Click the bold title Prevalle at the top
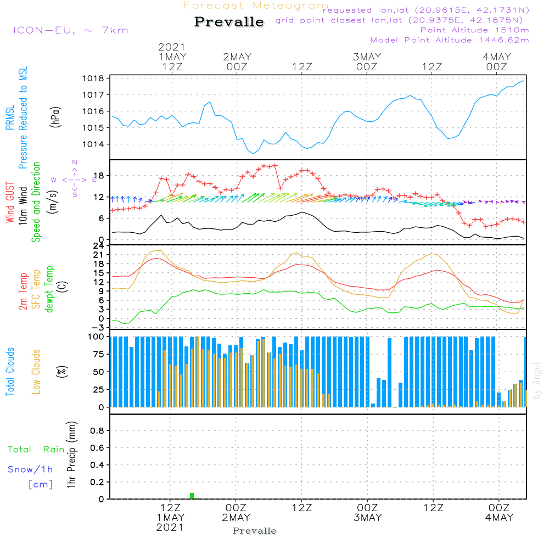pos(229,22)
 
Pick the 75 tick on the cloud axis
pos(98,355)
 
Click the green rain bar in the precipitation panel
pos(192,496)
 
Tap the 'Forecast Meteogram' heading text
pos(256,5)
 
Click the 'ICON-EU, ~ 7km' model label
pos(70,30)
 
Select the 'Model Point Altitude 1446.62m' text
pos(450,40)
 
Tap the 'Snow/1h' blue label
pos(31,470)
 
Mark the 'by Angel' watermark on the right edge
pos(537,380)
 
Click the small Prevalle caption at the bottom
pos(255,531)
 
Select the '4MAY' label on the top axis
pos(497,57)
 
